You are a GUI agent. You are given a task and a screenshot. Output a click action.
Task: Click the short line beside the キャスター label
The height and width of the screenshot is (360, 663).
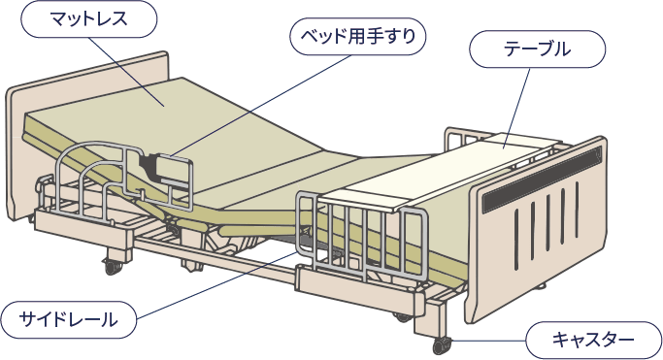pos(490,341)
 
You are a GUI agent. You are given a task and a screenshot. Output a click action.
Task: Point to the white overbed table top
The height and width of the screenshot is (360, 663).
pos(437,175)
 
